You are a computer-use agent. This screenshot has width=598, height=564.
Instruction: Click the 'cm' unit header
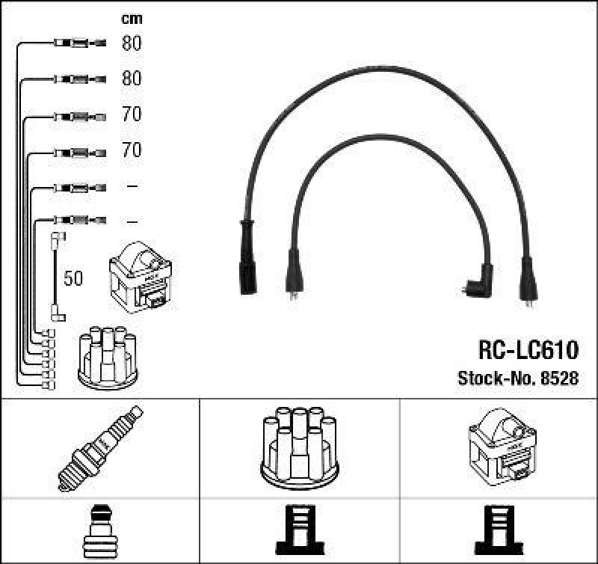132,19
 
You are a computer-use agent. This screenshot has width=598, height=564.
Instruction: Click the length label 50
74,279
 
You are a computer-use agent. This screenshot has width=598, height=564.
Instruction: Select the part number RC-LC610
528,350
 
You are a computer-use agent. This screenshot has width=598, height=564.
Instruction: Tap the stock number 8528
560,378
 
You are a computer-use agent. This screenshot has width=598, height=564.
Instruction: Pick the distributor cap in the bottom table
300,447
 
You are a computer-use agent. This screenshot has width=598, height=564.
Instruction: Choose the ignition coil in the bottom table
500,447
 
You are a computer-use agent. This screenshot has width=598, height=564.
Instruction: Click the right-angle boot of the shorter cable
476,281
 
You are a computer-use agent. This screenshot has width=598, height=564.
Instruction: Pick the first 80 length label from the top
132,43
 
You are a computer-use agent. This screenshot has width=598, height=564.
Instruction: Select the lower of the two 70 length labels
132,150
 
